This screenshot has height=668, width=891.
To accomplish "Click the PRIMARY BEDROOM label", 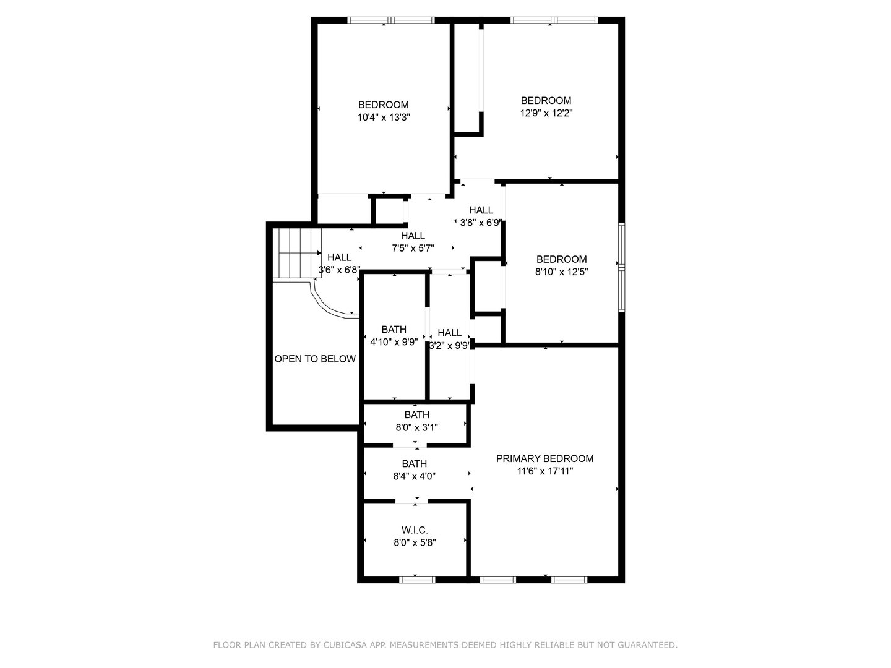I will click(544, 458).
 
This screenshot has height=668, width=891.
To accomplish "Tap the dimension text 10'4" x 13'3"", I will click(384, 118).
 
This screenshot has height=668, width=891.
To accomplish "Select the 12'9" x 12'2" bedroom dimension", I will click(546, 113).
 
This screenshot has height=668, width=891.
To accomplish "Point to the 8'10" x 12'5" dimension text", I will click(561, 271).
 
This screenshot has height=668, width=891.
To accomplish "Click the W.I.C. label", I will click(415, 530).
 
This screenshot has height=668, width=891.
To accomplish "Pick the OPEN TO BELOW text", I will click(315, 359).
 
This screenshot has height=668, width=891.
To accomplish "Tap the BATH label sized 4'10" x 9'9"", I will click(394, 329).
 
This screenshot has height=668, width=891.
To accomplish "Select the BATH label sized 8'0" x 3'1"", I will click(416, 414).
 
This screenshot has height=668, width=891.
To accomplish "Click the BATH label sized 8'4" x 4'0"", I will click(414, 463).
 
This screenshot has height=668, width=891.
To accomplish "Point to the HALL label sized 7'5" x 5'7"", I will click(413, 236).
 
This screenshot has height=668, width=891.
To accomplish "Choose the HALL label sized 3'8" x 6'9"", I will click(481, 210).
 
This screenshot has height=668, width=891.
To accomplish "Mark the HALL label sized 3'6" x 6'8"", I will click(339, 257).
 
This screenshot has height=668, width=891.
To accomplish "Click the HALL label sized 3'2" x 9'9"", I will click(449, 333).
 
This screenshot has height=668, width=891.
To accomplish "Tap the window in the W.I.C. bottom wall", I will click(417, 580).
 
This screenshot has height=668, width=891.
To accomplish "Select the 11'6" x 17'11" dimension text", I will click(545, 471).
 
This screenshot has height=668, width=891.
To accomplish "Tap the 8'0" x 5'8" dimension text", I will click(415, 542).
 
